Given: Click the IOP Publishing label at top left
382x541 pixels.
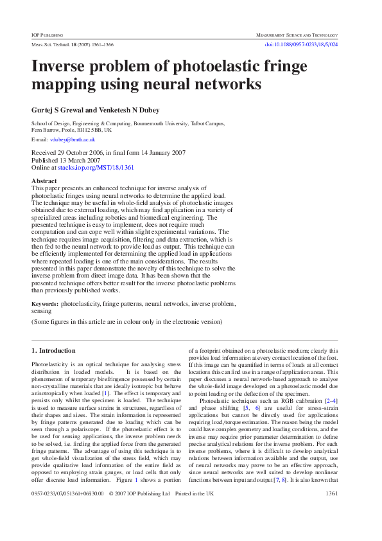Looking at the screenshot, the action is [47, 34].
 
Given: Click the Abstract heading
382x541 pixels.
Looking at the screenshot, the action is [44, 181].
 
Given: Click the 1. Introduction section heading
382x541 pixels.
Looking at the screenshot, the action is [53, 351].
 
